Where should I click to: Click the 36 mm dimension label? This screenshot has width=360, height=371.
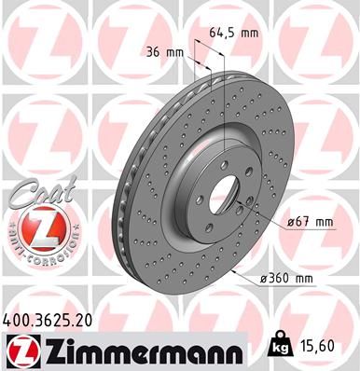pos(163,52)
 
